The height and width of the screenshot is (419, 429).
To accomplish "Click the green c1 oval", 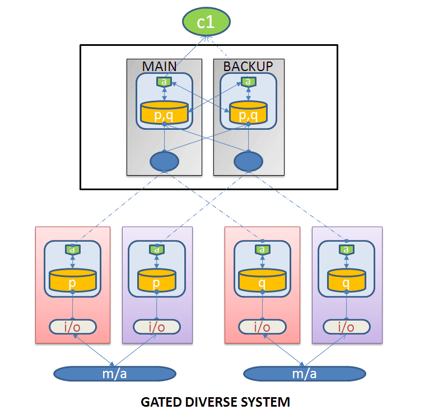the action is pos(206,22).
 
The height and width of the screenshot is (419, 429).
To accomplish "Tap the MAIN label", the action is pos(160,67).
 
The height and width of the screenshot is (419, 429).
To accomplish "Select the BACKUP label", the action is pos(248,67).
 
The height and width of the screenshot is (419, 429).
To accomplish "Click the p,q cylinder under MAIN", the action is pos(164,112).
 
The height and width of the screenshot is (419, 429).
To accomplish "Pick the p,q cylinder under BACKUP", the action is pos(248,112).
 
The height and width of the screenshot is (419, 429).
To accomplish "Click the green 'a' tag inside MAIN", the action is pos(164,82).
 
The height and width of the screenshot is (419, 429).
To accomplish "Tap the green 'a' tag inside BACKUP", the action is pos(249,82).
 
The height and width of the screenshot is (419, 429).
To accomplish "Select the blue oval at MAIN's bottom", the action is pos(165,161).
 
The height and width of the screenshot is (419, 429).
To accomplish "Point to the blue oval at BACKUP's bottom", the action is pos(249,161).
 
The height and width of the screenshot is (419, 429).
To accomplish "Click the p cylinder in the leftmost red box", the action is pos(72,280).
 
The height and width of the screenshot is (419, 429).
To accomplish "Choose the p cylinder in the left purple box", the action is pos(156,280).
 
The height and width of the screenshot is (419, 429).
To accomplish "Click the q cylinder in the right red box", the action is pos(262,280).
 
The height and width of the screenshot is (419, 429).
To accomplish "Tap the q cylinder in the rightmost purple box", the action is pos(346,280).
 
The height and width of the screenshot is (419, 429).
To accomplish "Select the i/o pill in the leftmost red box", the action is pos(73,327).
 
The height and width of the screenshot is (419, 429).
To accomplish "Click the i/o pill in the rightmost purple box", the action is pos(347,327).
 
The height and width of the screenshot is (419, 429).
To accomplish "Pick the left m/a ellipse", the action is pos(115,374).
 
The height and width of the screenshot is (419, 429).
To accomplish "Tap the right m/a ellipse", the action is pos(305,374).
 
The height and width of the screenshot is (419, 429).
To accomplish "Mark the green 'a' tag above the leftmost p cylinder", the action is pos(72,249).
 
